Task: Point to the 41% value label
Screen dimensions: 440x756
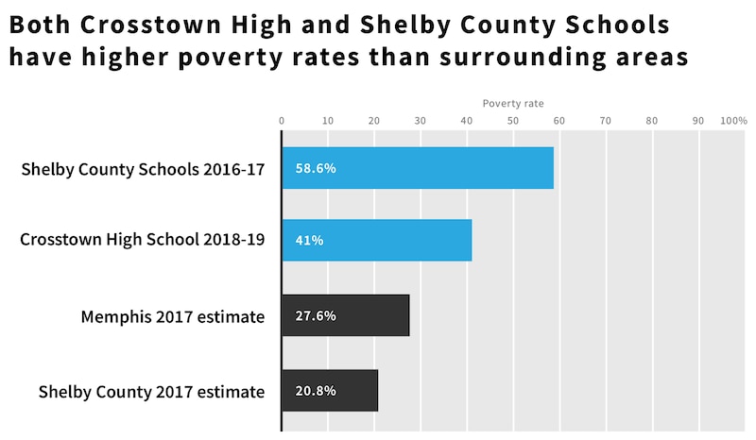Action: [x=310, y=240]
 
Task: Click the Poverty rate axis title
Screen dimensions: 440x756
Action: [x=513, y=103]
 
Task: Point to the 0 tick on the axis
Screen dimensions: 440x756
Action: [x=282, y=121]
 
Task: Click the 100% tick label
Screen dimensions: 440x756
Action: [x=733, y=121]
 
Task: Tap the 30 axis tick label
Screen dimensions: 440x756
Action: [x=421, y=121]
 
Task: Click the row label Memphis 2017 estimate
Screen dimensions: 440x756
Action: [x=172, y=316]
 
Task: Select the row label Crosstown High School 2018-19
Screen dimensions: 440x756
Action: [x=142, y=241]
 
